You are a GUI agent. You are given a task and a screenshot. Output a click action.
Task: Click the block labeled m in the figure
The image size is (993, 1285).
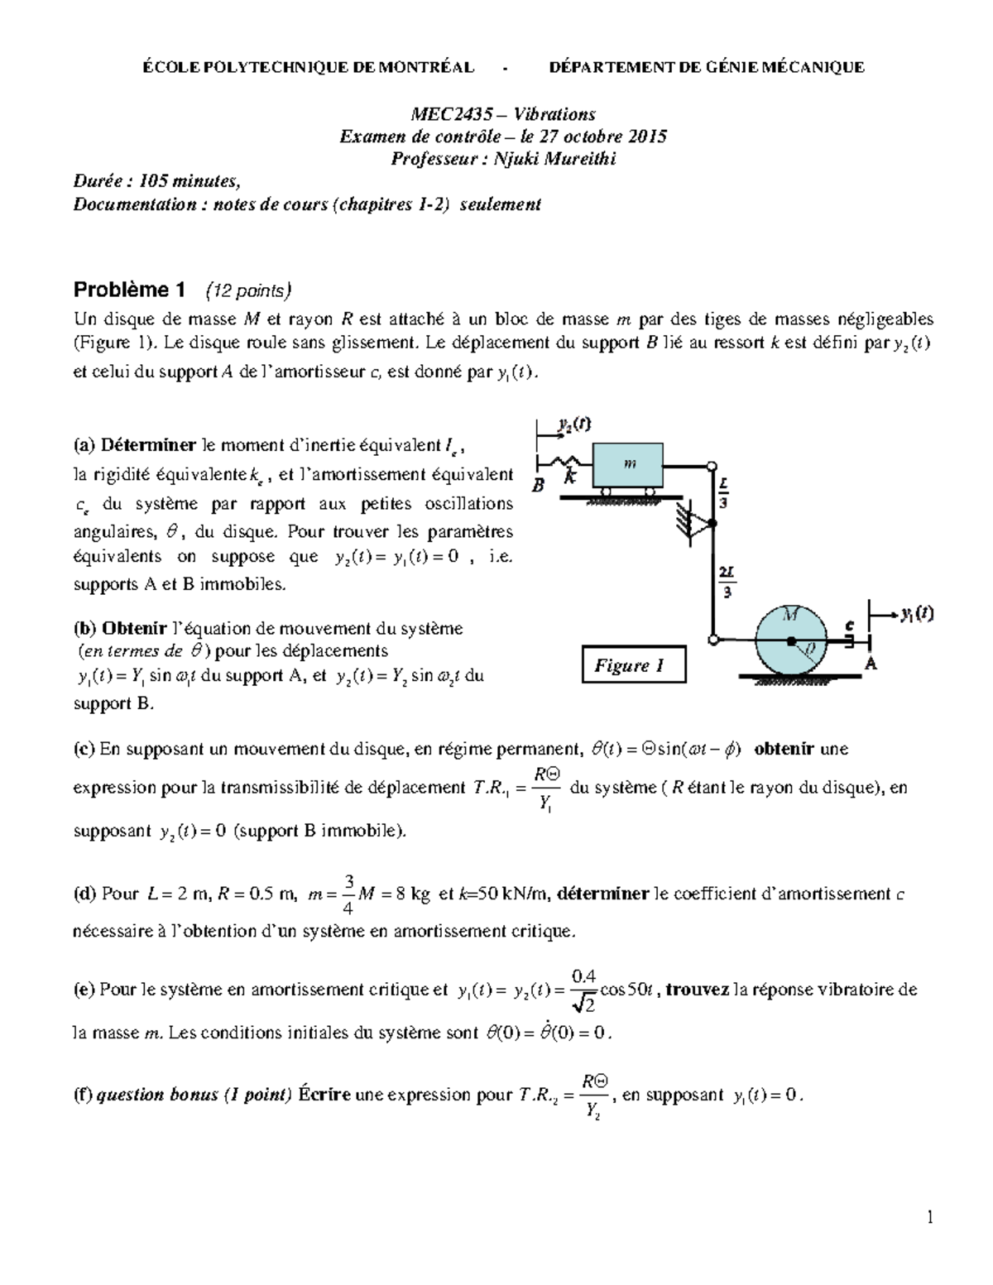coord(628,465)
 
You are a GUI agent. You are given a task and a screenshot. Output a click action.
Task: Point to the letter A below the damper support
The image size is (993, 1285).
coord(870,664)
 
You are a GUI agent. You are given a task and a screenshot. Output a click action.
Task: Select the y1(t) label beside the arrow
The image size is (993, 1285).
coord(917,614)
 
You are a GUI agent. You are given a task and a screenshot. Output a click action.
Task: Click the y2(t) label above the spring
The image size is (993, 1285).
coord(574,424)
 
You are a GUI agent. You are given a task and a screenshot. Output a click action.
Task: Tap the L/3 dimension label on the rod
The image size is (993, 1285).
coord(723,494)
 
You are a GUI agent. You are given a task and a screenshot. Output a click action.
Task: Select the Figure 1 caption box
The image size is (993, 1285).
coord(634,665)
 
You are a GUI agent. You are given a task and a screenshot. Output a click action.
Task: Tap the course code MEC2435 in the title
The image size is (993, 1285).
coord(447,114)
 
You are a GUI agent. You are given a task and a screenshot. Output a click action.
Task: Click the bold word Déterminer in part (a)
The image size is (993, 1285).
coord(149,446)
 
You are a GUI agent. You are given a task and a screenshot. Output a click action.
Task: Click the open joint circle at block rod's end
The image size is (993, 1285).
coord(711,465)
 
